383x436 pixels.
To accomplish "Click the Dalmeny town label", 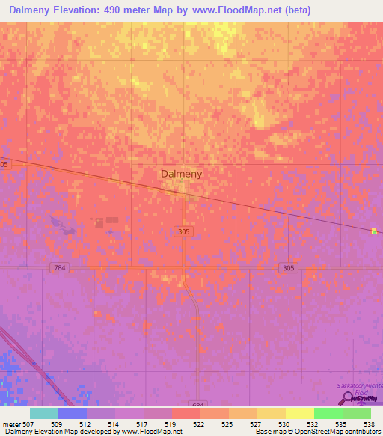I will tap(181, 173).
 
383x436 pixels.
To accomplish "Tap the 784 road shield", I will tap(60, 267).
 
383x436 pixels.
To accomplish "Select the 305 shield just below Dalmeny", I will tap(185, 232).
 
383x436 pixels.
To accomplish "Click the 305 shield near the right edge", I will tap(288, 267).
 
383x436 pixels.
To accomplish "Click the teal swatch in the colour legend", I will tap(43, 413).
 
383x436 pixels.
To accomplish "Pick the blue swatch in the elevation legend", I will tap(72, 413).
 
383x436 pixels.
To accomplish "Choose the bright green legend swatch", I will tap(328, 413).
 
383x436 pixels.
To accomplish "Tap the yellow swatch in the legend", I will tap(299, 413).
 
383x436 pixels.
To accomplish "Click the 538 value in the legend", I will tap(369, 423).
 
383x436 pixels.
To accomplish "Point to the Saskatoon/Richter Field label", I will tap(358, 386).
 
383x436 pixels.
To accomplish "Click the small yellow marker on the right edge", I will tap(374, 231).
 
